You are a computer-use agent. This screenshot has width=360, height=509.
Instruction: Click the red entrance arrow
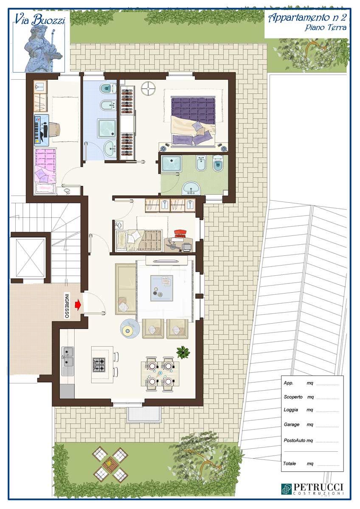[78, 305]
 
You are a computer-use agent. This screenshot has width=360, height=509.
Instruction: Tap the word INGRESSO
[67, 306]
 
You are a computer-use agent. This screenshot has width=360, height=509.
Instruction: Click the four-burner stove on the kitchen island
[99, 365]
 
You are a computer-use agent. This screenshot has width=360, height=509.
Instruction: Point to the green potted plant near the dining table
[183, 352]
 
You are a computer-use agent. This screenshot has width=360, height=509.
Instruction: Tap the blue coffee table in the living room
[162, 288]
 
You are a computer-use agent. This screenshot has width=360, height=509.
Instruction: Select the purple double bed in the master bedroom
[193, 121]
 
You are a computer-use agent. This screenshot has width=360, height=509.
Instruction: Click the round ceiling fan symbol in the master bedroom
[148, 88]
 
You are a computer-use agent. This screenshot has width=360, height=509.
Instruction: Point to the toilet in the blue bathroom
[108, 88]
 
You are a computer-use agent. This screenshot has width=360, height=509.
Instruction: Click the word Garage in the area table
[291, 424]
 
